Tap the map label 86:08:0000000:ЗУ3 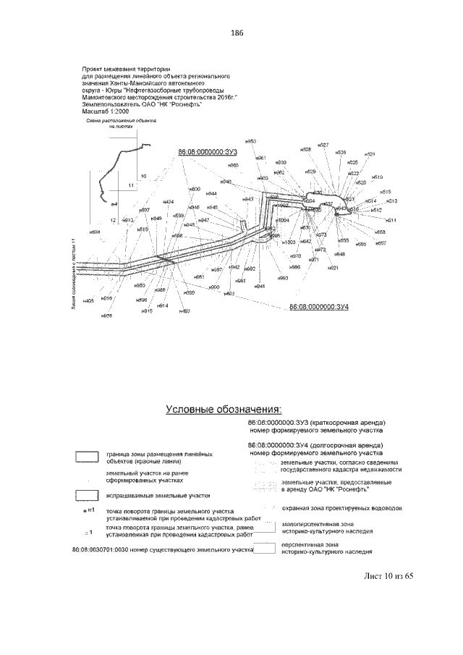coord(207,153)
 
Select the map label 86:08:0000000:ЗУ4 coord(319,308)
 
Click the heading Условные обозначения coord(224,409)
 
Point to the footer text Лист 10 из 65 coord(388,576)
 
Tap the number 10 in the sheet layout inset coord(143,176)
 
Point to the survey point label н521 coord(370,154)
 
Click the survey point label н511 coord(391,220)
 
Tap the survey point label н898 coord(95,232)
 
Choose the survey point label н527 coord(323,145)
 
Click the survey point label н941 coord(260,287)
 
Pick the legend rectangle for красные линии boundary coord(87,457)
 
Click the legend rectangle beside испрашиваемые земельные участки coord(87,496)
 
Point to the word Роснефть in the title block coord(185,103)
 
